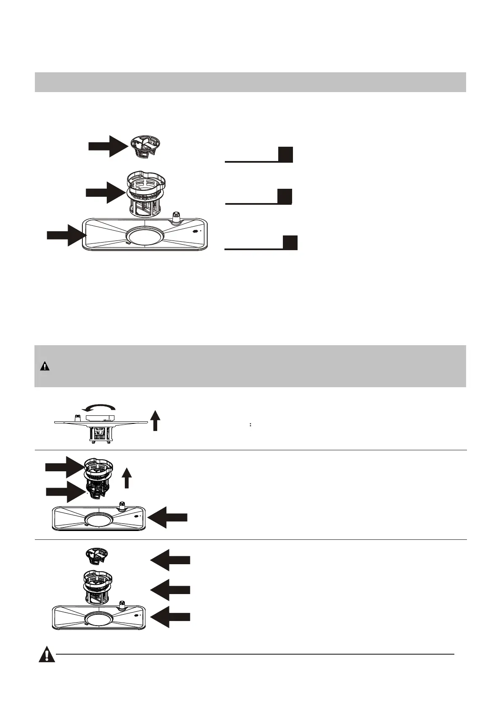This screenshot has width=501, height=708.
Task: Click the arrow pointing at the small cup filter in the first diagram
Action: [x=108, y=146]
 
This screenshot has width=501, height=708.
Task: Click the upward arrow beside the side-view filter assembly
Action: [x=156, y=420]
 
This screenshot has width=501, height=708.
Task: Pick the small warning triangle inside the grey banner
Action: [x=45, y=366]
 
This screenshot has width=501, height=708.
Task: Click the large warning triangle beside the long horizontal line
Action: [x=47, y=655]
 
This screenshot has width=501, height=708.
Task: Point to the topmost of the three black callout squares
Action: [x=285, y=154]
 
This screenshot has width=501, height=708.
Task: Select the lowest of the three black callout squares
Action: [x=290, y=243]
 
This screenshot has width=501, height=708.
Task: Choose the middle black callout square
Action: [x=285, y=196]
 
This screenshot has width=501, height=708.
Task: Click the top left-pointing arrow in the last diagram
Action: [x=170, y=560]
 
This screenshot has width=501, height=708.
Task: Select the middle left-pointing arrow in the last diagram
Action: [x=170, y=590]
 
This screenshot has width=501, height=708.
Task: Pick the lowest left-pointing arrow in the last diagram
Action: [x=170, y=617]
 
